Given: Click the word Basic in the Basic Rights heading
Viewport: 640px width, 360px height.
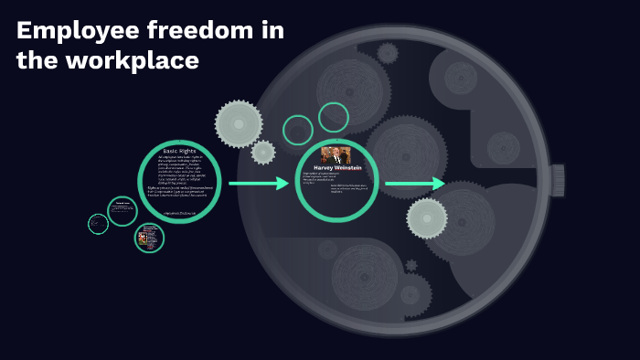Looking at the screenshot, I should click(171, 150).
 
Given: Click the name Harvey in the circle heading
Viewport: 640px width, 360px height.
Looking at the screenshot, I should click(325, 168).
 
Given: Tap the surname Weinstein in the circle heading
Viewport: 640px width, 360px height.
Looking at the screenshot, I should click(348, 168).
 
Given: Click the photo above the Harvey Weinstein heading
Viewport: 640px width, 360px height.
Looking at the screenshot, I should click(336, 154).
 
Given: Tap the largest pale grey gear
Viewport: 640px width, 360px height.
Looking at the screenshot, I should click(239, 123).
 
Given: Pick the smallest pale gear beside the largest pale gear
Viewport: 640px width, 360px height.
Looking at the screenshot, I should click(263, 153).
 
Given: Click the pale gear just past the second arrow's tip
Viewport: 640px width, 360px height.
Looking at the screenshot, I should click(427, 218).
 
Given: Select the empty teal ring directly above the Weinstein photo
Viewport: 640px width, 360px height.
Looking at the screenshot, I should click(334, 117).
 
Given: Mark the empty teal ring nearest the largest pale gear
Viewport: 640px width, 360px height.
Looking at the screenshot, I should click(298, 130).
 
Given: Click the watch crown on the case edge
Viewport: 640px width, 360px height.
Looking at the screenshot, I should click(557, 180).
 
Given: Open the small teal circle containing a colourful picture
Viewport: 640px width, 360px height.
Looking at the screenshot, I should click(149, 238).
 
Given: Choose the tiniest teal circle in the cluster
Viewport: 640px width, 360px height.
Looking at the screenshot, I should click(98, 224).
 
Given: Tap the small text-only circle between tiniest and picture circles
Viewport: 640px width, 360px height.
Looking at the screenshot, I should click(123, 211).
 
